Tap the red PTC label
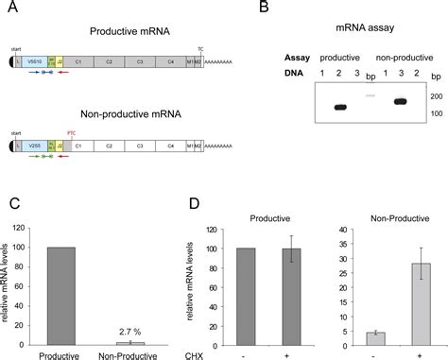(70, 133)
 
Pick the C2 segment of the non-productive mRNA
(110, 147)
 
